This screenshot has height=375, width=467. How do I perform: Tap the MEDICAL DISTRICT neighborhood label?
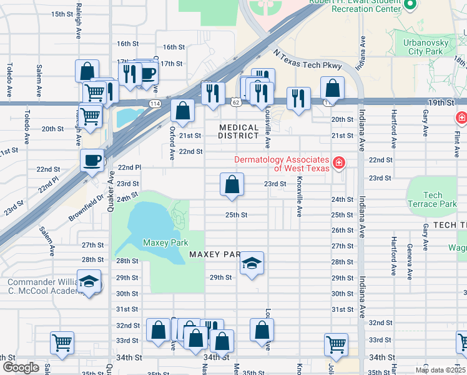(238, 131)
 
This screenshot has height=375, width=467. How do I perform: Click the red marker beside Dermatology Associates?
(339, 163)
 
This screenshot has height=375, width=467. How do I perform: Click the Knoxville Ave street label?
(300, 200)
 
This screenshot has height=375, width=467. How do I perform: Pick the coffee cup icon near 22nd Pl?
(92, 160)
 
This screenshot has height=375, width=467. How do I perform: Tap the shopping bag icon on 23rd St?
(232, 184)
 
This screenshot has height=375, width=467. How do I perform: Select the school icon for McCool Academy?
(89, 281)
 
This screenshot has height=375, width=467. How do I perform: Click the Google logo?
(21, 367)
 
